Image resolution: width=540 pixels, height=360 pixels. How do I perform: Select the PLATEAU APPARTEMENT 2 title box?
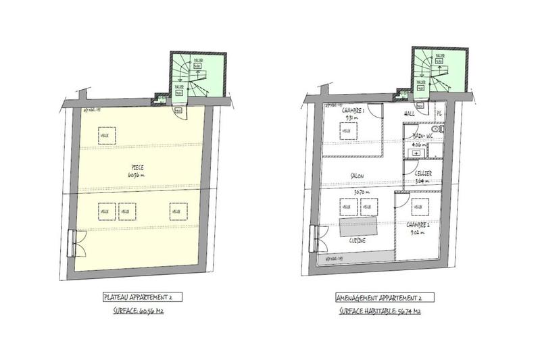(x=142, y=297)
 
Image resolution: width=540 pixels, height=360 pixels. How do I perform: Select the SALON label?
(x=358, y=176)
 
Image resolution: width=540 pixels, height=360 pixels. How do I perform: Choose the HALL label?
(x=410, y=114)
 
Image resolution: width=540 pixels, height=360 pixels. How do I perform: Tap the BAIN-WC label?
(x=424, y=135)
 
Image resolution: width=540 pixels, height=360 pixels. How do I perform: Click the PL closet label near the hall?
(x=438, y=113)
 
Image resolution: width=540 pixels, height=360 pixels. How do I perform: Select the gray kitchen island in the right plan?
(x=358, y=226)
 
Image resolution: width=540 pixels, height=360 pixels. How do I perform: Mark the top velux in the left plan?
(x=105, y=133)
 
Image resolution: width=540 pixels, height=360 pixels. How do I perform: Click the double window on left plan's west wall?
(x=74, y=242)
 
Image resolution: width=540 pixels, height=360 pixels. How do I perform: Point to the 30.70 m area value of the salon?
(x=358, y=192)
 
